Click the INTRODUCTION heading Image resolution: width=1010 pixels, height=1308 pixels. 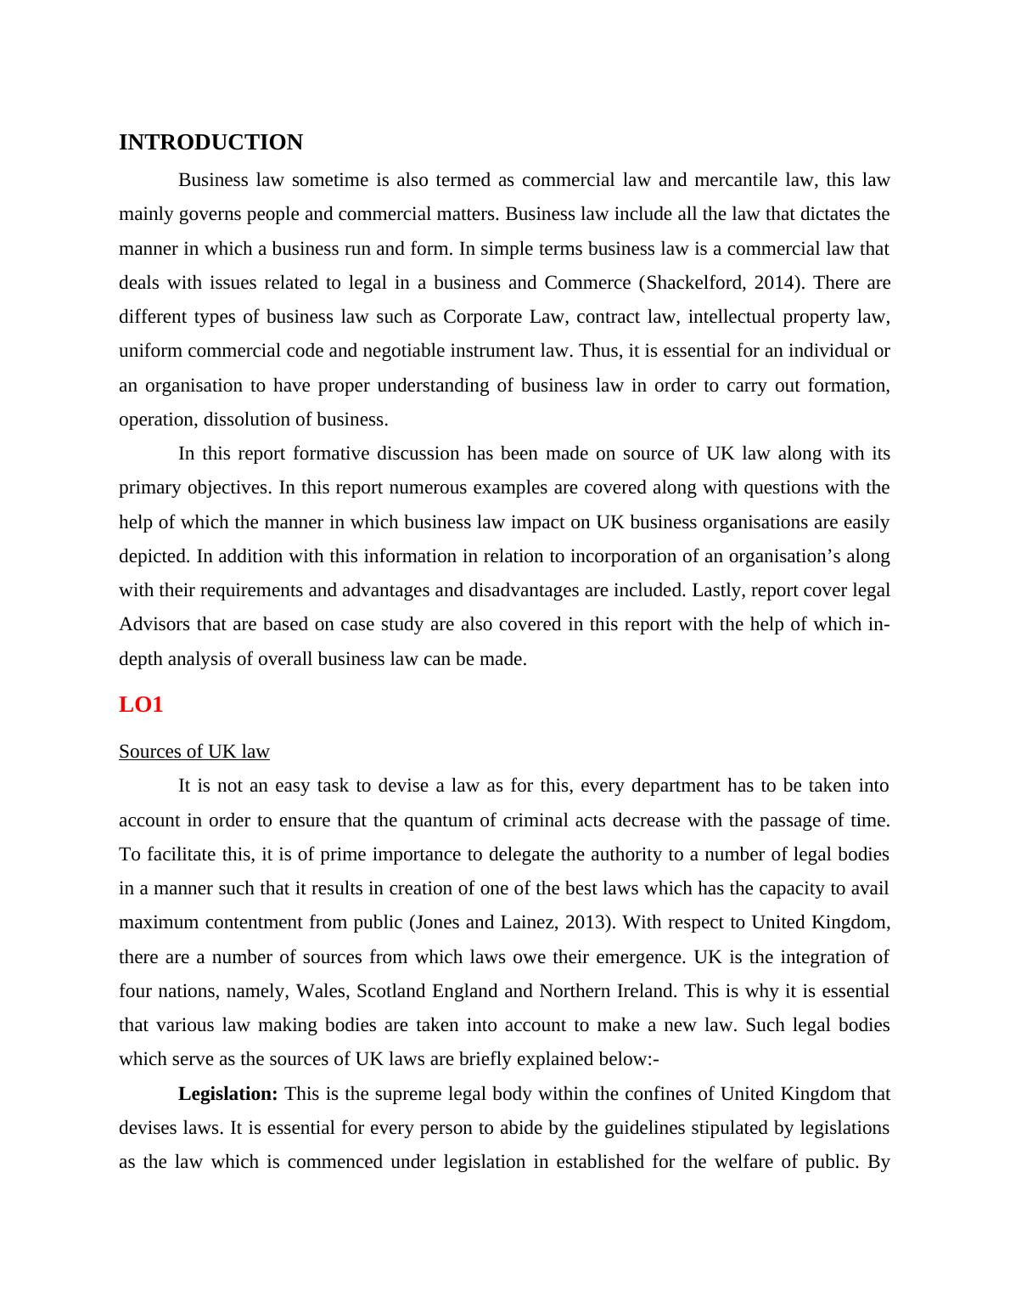(210, 143)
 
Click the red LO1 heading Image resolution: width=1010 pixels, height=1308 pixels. (140, 704)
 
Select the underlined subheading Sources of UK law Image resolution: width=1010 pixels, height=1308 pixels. (194, 752)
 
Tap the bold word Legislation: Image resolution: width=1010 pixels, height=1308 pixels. (227, 1093)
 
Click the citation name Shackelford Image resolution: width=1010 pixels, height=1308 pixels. (695, 283)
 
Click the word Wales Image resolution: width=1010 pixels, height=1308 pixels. (324, 991)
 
